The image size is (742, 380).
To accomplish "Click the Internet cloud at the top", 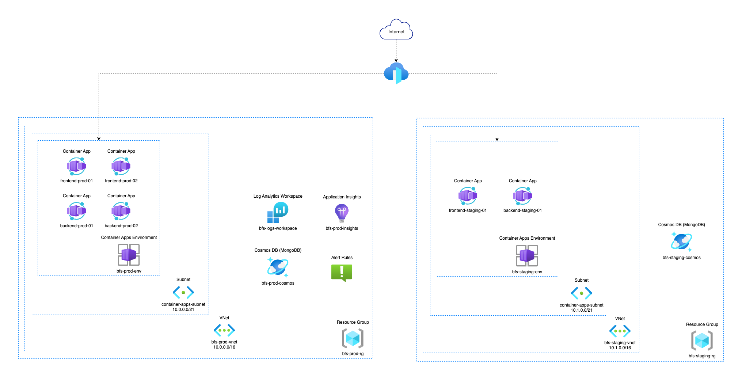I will [x=396, y=30].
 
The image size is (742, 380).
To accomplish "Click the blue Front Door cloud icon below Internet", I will [x=396, y=73].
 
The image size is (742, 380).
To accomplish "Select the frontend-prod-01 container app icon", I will [x=76, y=166].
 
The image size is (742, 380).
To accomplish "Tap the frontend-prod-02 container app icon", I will [x=121, y=166].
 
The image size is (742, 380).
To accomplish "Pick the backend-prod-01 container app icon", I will [x=76, y=211].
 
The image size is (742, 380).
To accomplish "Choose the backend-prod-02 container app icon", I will [x=121, y=211].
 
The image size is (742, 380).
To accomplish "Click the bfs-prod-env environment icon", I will [x=129, y=255].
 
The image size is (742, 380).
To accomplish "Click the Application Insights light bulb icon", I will [x=342, y=213].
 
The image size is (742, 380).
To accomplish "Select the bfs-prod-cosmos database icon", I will [x=278, y=267].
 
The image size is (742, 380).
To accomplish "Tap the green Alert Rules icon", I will [x=342, y=273].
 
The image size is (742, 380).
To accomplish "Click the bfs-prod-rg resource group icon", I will [x=353, y=338].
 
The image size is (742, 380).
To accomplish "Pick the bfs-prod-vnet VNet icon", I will [x=224, y=330].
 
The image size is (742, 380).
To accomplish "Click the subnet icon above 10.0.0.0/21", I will [x=183, y=292].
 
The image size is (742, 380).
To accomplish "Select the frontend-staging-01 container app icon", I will [x=468, y=196].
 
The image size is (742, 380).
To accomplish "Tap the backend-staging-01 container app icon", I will [x=522, y=196].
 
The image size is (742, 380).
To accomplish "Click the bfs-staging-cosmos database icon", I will [x=681, y=242].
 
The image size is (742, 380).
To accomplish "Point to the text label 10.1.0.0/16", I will [x=620, y=348].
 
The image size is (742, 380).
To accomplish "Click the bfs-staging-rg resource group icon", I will [x=702, y=341].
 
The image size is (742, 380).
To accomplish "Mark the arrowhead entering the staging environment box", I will [x=497, y=139].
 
